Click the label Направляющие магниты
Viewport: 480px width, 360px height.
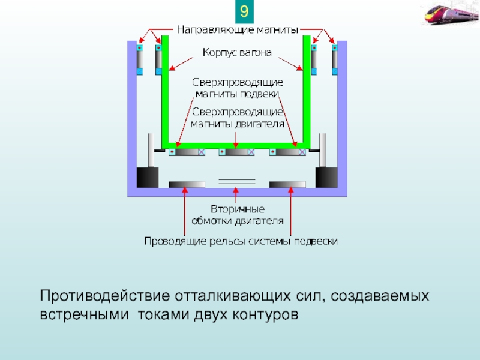[x=238, y=28]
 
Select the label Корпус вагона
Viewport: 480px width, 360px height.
[x=237, y=53]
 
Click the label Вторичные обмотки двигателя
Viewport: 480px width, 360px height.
[x=238, y=215]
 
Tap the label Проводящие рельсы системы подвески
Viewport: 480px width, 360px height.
[x=240, y=241]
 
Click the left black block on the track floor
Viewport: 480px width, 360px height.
[x=147, y=177]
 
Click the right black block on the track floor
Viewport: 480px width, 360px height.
[x=326, y=177]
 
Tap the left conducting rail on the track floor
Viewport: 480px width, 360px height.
[x=187, y=184]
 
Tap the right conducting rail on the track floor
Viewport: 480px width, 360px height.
[x=287, y=184]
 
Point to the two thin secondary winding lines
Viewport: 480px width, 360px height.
[x=236, y=181]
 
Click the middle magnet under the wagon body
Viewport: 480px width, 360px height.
[x=237, y=152]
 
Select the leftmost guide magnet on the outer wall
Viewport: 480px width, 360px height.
[x=140, y=58]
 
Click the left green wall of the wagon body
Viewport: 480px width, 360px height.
[x=165, y=90]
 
